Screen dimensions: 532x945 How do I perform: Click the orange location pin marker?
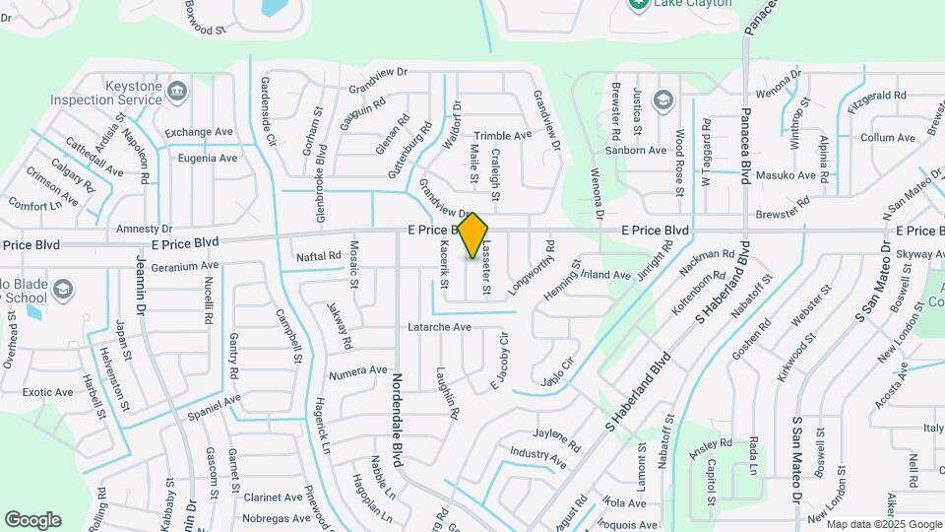pos(472,235)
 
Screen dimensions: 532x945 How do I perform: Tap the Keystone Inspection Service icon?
pos(176,93)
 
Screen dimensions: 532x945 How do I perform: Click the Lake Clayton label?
pos(695,4)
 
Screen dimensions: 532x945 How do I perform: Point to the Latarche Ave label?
pos(439,327)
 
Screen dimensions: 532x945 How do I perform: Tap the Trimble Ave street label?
pos(502,136)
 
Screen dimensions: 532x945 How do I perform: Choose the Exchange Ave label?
pos(199,133)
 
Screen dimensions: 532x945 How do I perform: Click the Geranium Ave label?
pos(184,266)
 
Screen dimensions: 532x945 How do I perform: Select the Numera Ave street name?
pos(358,371)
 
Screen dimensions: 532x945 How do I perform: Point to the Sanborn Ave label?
pos(636,151)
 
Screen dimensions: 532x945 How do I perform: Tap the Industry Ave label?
pos(537,456)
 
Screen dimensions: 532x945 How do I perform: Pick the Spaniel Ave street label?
pos(212,403)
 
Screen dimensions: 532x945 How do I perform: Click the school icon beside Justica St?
pos(663,99)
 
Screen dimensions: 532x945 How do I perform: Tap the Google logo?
pos(32,520)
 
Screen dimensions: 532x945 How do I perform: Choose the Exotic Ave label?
pos(48,392)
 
